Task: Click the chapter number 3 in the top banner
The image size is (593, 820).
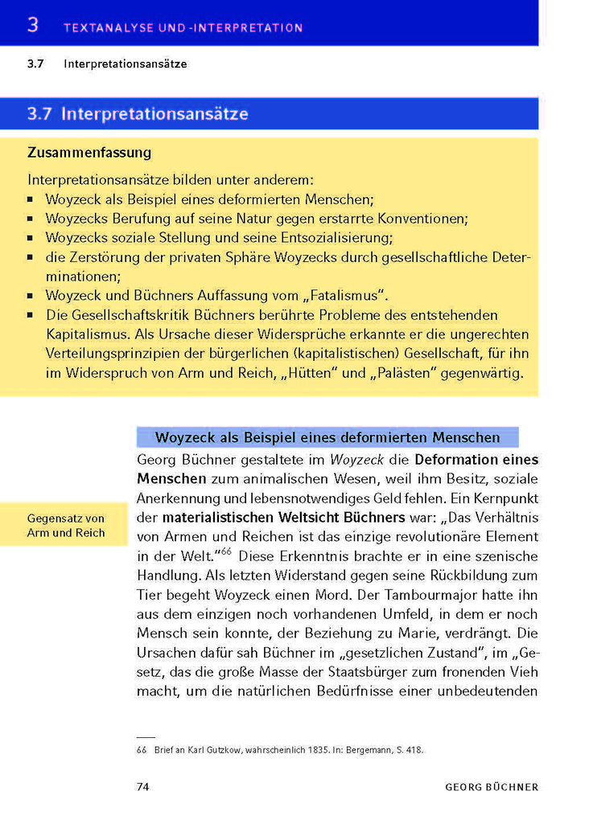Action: (33, 25)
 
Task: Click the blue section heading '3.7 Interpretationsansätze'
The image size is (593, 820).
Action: (138, 114)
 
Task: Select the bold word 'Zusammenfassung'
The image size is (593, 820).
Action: (89, 152)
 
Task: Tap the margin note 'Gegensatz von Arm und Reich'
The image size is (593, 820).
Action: (66, 526)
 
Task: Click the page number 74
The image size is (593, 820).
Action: (142, 786)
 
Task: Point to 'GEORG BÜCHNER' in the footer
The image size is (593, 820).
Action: (492, 787)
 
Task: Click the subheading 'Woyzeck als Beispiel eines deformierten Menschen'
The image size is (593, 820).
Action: (327, 438)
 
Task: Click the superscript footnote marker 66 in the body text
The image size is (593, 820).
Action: (226, 551)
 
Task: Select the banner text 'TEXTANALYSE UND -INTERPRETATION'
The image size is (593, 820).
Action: (183, 27)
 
